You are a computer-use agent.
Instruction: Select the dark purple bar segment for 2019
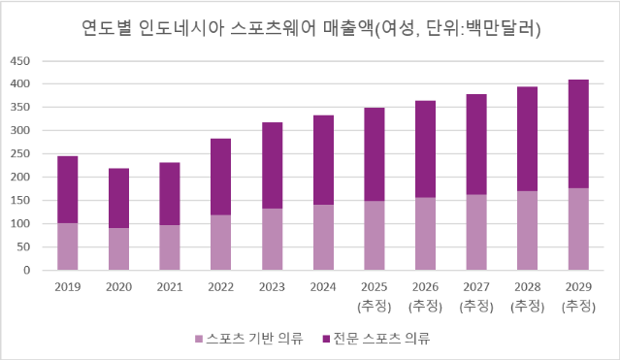[68, 189]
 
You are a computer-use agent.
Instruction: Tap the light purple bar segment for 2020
[118, 248]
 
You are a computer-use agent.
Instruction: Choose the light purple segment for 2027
[476, 232]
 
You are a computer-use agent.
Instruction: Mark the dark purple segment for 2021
[169, 193]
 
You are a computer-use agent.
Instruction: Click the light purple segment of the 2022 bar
[220, 242]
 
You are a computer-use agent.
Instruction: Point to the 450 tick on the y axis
[22, 60]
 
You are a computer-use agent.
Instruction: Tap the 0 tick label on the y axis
[29, 270]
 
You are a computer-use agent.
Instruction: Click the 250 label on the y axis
[22, 153]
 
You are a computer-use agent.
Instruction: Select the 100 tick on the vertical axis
[22, 223]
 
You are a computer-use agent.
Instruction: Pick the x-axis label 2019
[68, 286]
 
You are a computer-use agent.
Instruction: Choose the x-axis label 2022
[220, 286]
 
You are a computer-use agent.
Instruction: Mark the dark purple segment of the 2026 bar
[425, 148]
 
